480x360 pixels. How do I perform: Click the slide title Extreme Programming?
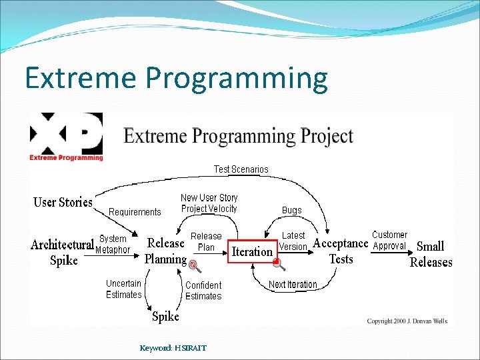[x=176, y=79]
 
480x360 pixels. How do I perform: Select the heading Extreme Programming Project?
[x=238, y=136]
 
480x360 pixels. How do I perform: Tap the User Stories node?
[x=63, y=202]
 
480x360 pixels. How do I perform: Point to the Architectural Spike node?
[x=63, y=252]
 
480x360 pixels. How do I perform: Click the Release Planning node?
[x=165, y=251]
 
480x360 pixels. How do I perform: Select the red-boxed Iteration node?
[x=251, y=251]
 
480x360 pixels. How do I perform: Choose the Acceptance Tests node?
[x=341, y=251]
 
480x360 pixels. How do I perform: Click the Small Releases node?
[x=431, y=254]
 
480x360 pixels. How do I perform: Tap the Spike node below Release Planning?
[x=165, y=316]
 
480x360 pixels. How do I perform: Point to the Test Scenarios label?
[x=241, y=169]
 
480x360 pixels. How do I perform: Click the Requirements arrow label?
[x=135, y=212]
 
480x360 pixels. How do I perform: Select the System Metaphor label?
[x=113, y=244]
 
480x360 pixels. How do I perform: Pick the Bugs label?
[x=291, y=210]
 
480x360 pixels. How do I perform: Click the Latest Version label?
[x=293, y=241]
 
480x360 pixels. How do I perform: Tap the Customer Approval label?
[x=389, y=240]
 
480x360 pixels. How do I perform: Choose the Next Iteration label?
[x=293, y=285]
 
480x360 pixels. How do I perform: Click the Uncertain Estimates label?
[x=124, y=289]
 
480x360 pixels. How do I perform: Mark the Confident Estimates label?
[x=203, y=290]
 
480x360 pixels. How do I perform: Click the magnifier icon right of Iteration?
[x=279, y=264]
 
